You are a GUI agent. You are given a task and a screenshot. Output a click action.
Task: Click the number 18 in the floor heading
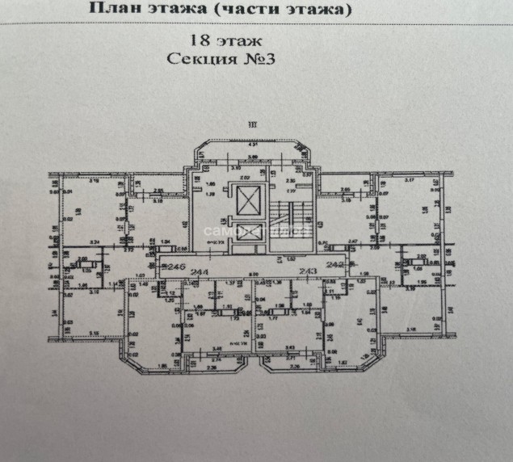pyautogui.click(x=197, y=39)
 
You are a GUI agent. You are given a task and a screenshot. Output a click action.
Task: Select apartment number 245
pyautogui.click(x=175, y=267)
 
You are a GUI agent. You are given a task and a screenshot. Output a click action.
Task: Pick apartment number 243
pyautogui.click(x=308, y=272)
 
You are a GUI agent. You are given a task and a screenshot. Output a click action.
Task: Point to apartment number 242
pyautogui.click(x=334, y=265)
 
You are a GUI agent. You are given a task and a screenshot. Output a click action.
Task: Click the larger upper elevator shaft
pyautogui.click(x=246, y=198)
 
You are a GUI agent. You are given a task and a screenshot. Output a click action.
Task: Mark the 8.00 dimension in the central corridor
pyautogui.click(x=253, y=273)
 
